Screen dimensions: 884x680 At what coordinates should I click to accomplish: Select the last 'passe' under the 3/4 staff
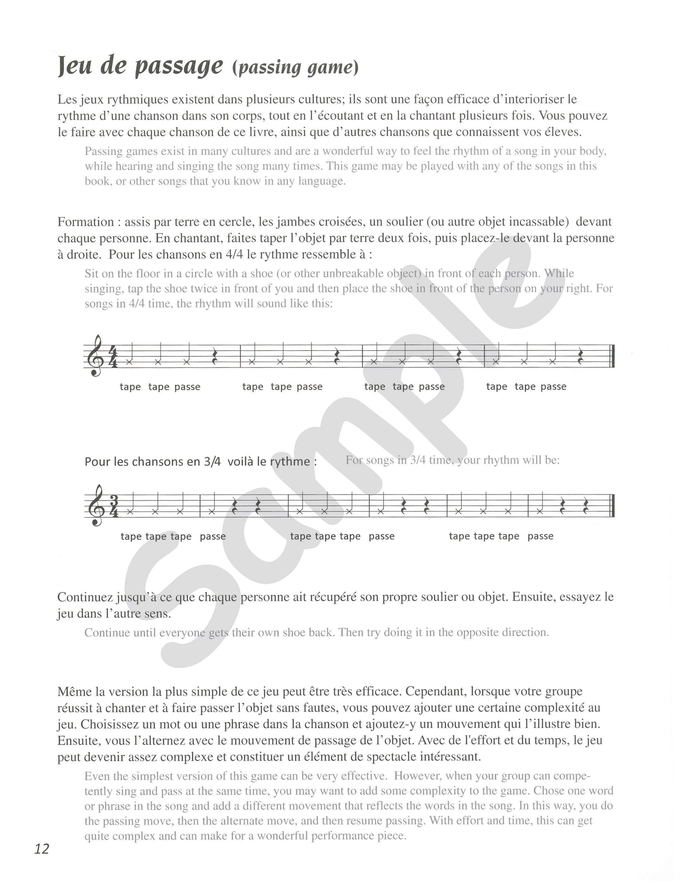[540, 536]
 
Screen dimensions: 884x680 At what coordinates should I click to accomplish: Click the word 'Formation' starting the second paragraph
[86, 222]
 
